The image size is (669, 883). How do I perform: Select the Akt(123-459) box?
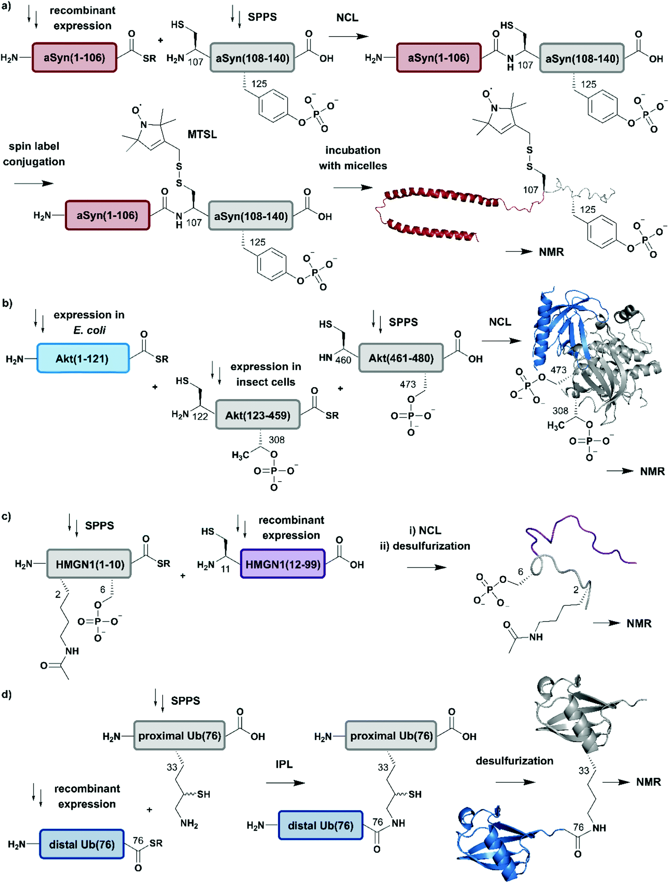258,415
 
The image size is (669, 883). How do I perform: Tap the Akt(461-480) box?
401,358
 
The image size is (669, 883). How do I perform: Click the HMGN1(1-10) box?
89,564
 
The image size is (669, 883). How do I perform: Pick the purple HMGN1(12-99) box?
282,564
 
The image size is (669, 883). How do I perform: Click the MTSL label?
202,134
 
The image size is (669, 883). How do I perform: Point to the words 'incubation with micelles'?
353,158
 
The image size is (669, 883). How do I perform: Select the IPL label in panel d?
284,764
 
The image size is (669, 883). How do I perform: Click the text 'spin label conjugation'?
34,154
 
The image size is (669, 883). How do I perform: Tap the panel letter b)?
7,303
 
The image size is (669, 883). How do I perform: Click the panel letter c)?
6,516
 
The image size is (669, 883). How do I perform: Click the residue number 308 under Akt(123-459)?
277,440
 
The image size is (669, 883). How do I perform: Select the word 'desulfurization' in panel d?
514,760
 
